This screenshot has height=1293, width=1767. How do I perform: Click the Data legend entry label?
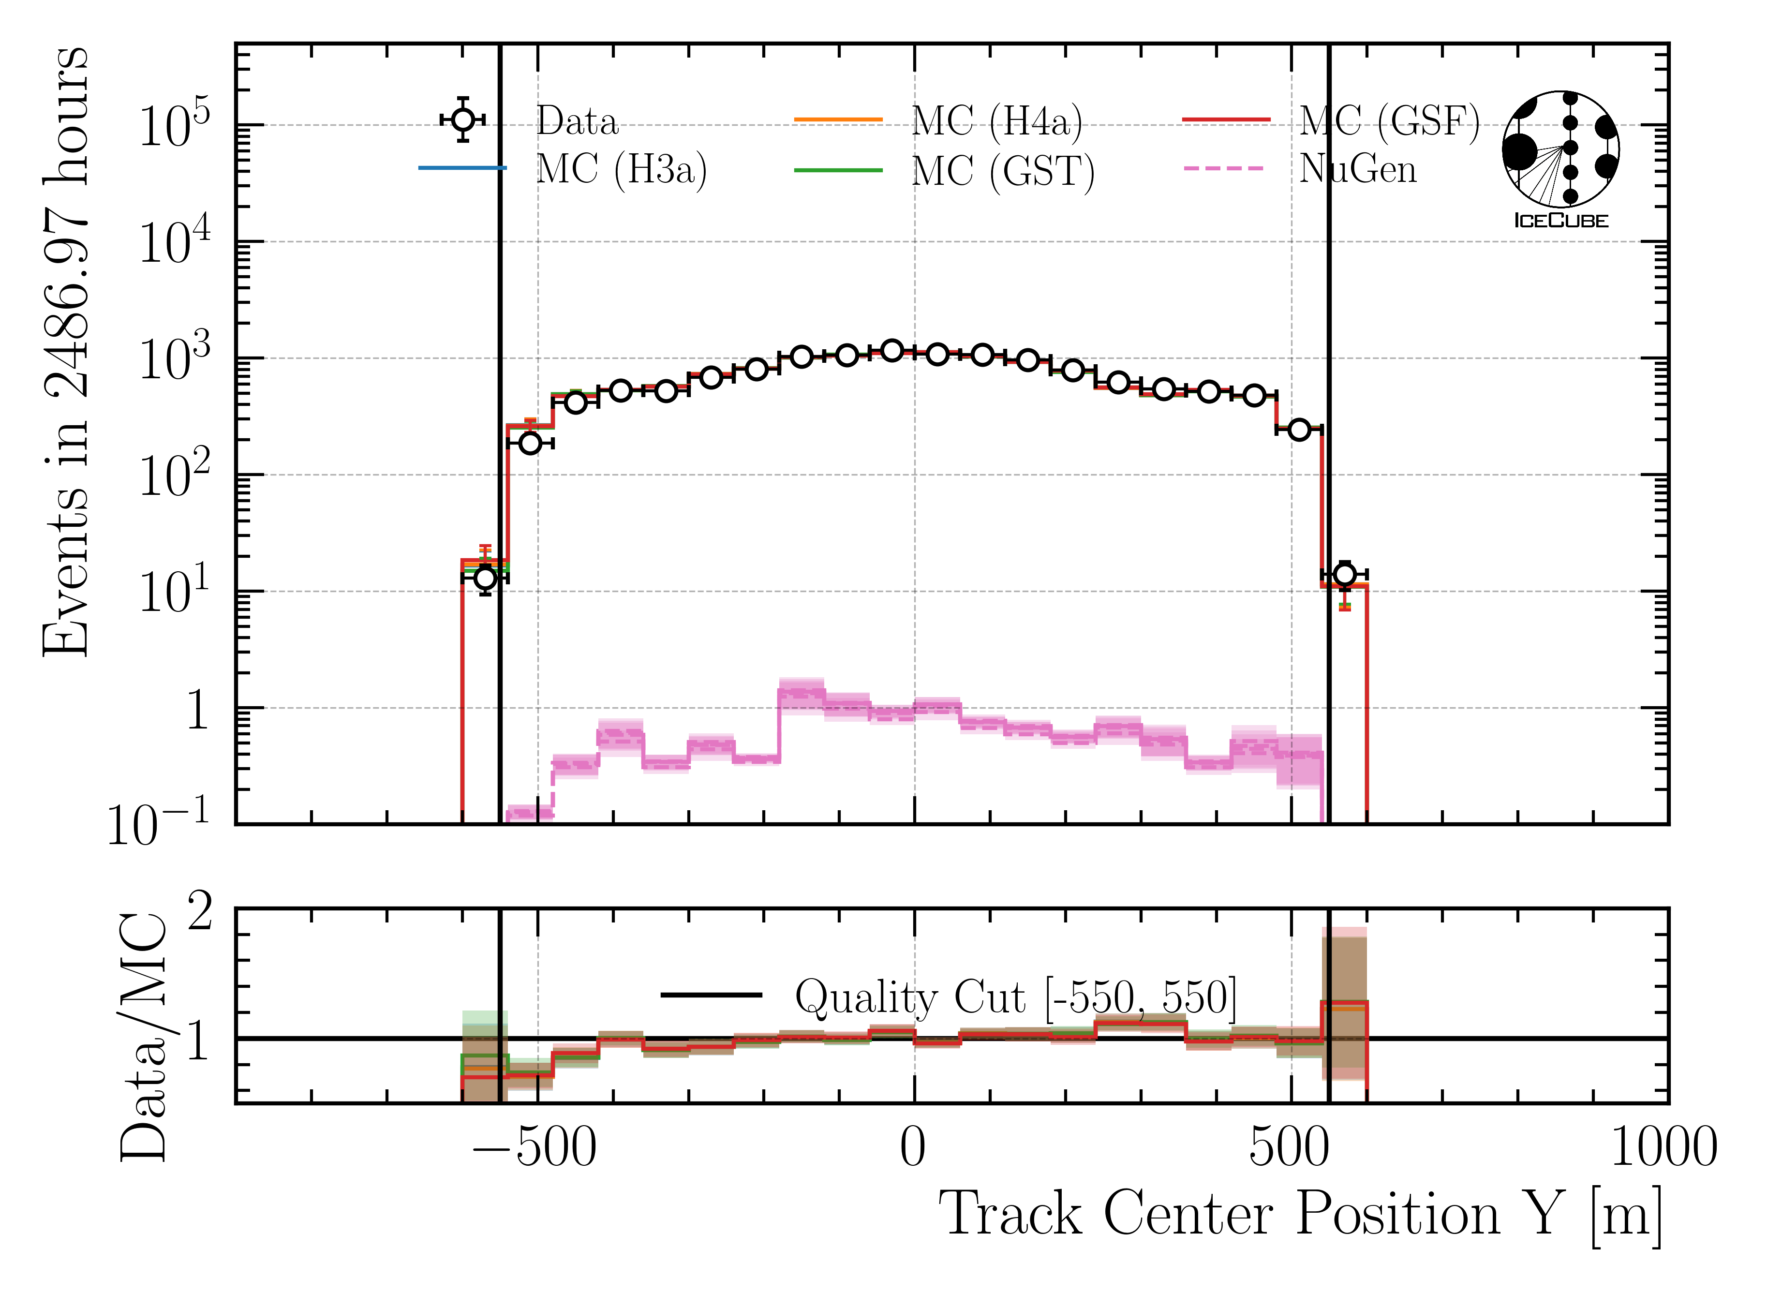[x=577, y=121]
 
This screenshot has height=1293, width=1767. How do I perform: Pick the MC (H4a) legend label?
[x=997, y=121]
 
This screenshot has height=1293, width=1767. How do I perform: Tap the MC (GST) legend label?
[x=1002, y=171]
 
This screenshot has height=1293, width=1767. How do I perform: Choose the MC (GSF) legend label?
[x=1389, y=121]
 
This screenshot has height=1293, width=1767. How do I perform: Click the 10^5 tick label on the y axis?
[x=174, y=125]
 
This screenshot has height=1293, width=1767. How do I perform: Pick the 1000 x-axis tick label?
[x=1663, y=1149]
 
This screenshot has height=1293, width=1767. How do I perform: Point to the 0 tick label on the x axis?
[x=912, y=1149]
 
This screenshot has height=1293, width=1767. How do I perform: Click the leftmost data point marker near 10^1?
[x=485, y=578]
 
